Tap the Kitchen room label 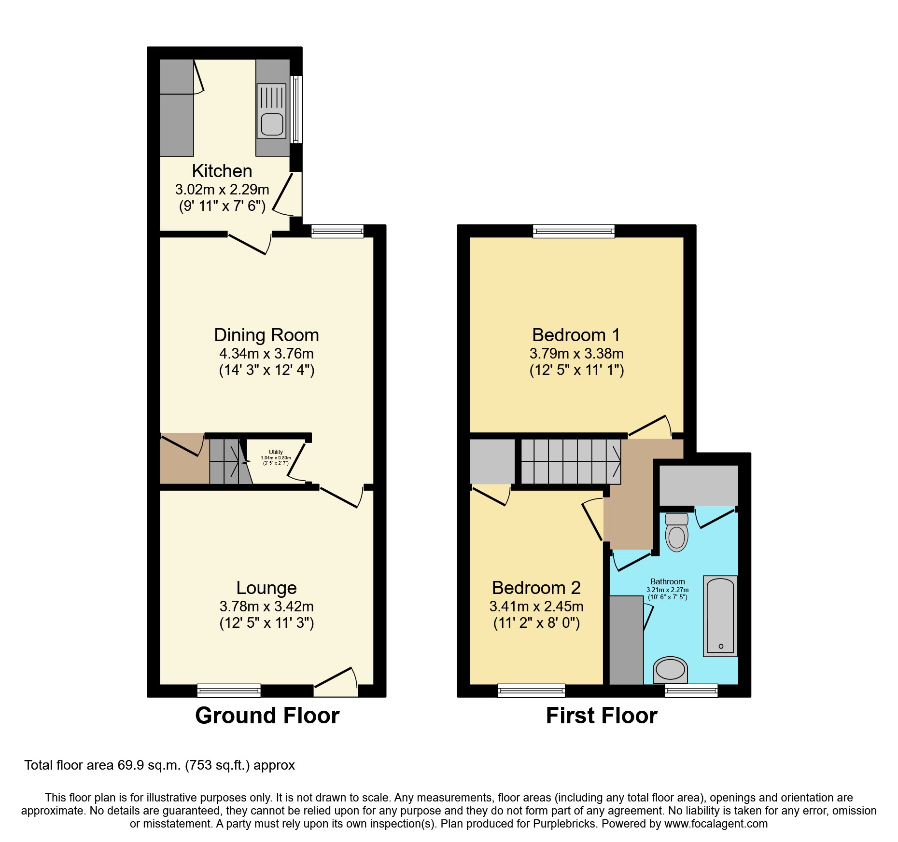(x=222, y=171)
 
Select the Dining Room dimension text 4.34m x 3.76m (x=267, y=353)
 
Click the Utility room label (x=276, y=452)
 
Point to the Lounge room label (x=267, y=588)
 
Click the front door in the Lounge (x=336, y=681)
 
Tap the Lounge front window (x=229, y=690)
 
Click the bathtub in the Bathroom (x=720, y=616)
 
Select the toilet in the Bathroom (x=676, y=532)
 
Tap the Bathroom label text (x=667, y=581)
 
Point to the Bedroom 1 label (x=576, y=335)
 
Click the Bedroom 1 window (x=574, y=231)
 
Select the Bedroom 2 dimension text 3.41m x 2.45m (x=536, y=606)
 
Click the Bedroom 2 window (x=531, y=690)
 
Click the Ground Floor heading (x=267, y=716)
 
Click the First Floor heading (x=601, y=716)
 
